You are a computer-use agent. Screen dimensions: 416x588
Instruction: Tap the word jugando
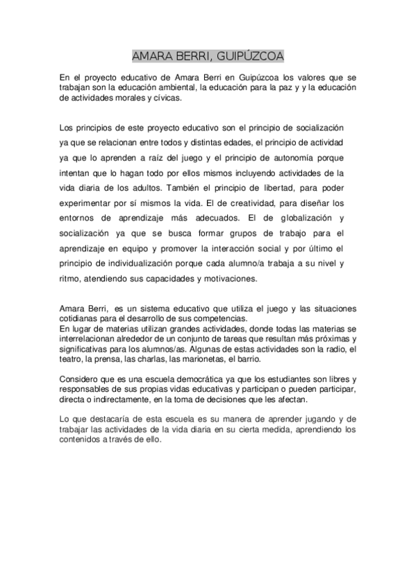[x=319, y=420]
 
